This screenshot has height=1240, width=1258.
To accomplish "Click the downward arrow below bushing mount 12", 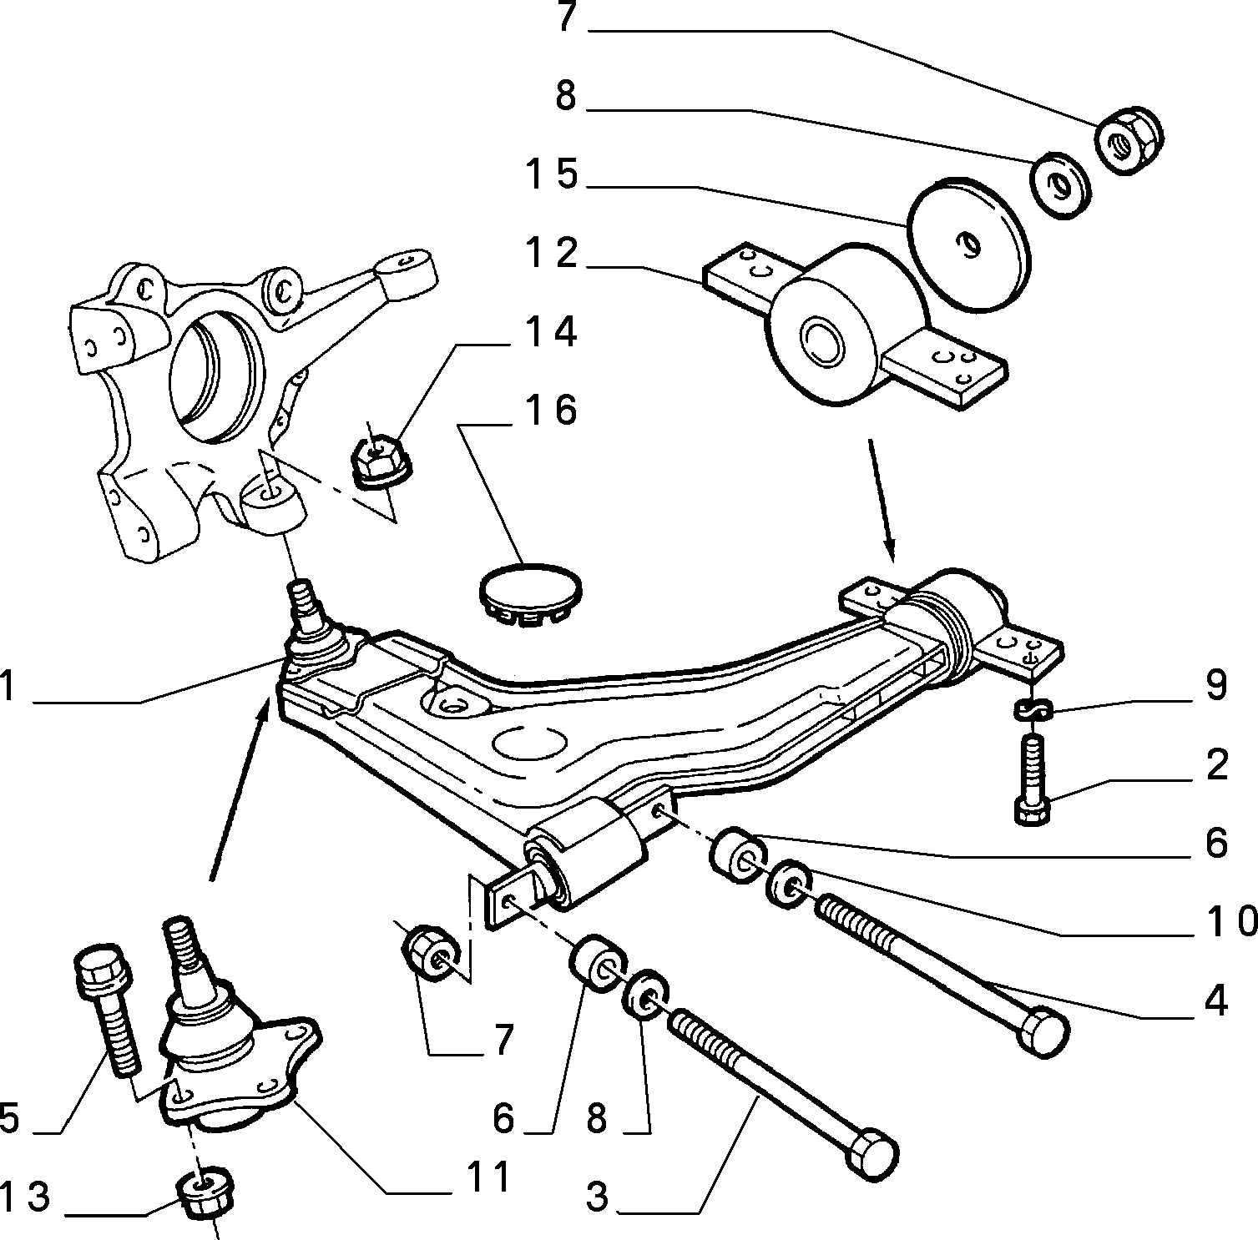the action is click(x=882, y=501).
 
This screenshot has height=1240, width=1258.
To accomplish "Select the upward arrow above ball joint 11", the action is click(x=239, y=789).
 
